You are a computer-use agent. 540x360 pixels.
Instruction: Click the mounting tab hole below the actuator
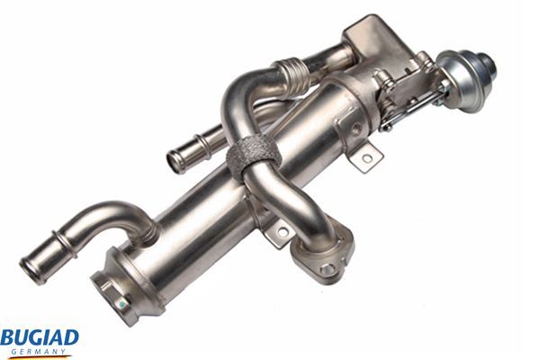tap(366, 160)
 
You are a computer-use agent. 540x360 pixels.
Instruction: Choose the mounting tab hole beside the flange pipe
tap(281, 232)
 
